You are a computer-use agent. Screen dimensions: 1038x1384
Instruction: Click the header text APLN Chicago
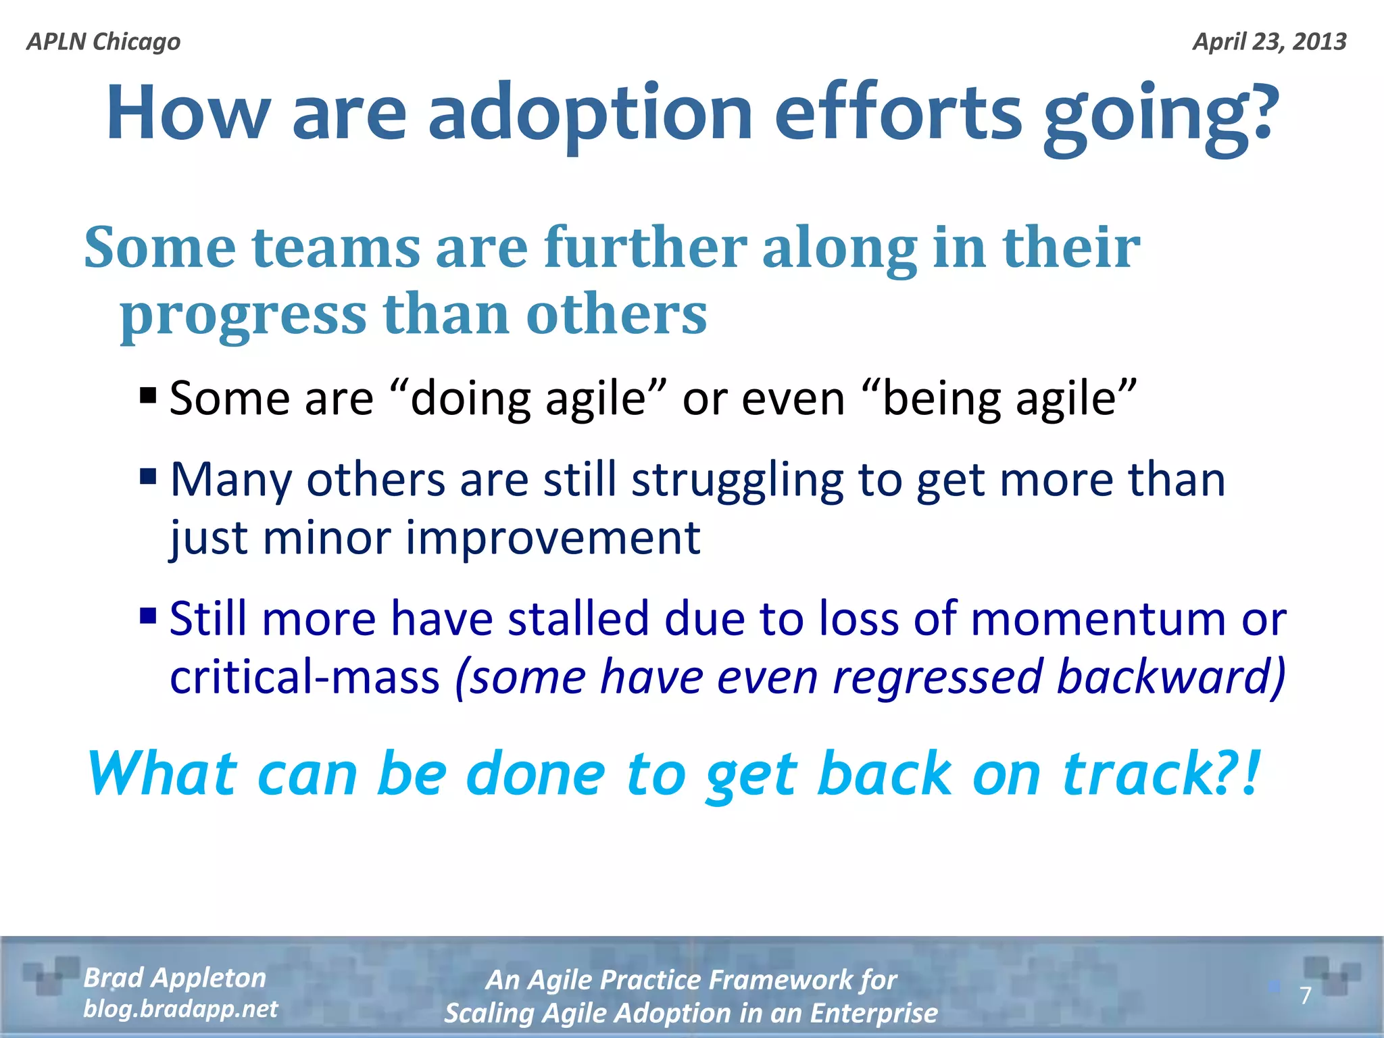click(103, 42)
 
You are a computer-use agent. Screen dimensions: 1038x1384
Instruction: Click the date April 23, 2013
click(1269, 42)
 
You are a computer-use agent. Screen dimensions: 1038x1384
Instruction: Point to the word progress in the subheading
click(243, 316)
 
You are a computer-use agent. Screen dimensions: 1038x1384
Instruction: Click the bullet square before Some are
click(148, 395)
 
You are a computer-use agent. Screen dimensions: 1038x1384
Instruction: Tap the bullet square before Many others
click(148, 477)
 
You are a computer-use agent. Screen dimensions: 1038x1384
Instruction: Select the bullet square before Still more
click(148, 616)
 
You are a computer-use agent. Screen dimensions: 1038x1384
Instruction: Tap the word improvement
click(552, 539)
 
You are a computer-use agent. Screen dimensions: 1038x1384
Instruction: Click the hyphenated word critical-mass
click(305, 678)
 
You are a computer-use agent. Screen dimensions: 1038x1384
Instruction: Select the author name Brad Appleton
click(174, 978)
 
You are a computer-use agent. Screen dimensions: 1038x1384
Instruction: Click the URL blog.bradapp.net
click(180, 1009)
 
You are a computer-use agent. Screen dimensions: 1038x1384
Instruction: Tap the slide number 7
click(1305, 995)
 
